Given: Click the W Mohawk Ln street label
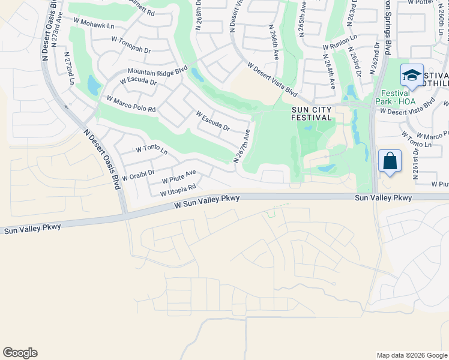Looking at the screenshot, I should tap(94, 26).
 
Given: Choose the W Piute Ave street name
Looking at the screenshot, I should tap(179, 176).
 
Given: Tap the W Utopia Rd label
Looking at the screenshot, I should tap(178, 190).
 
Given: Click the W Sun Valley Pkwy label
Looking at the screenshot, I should tap(207, 201).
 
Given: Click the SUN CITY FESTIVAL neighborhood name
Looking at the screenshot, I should tap(312, 113).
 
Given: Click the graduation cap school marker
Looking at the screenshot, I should tap(412, 75).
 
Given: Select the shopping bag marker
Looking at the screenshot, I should tap(390, 161).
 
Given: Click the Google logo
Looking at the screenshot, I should tap(20, 353).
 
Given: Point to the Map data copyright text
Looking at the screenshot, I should tap(411, 355).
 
